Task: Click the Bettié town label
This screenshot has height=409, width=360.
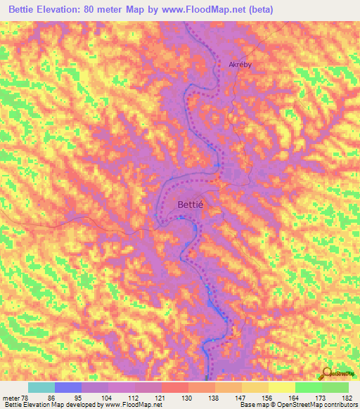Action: (x=189, y=204)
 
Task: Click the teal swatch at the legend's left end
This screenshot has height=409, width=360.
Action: (x=41, y=387)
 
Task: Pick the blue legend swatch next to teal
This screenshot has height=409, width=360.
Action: (x=67, y=387)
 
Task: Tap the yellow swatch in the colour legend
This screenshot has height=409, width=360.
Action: (x=281, y=387)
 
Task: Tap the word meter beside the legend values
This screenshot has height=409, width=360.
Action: (x=10, y=398)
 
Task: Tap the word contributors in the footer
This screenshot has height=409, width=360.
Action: (x=339, y=405)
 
